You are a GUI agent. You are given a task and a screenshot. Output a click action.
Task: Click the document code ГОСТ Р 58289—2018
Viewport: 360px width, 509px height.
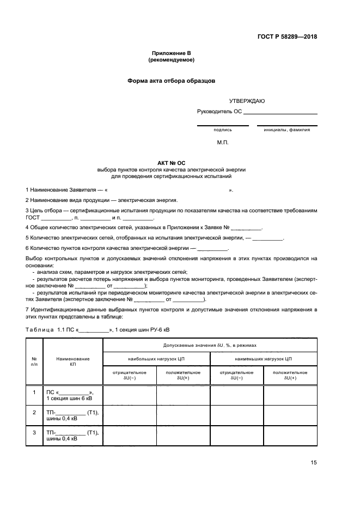287,37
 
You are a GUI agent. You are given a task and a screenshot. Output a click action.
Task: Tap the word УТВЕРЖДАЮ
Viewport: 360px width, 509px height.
247,101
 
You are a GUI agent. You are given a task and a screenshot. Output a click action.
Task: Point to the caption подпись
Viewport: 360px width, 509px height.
223,130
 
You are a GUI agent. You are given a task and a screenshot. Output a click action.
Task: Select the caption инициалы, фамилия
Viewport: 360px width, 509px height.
287,130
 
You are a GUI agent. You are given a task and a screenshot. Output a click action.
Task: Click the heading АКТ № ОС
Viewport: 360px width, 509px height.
171,163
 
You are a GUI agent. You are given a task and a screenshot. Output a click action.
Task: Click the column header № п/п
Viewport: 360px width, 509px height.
34,361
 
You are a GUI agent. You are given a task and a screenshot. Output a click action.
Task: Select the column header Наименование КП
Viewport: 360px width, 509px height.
73,361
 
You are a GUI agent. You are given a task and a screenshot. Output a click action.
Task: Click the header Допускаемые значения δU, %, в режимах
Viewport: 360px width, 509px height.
210,345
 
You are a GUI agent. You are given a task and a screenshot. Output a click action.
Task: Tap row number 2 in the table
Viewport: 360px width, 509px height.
34,412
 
